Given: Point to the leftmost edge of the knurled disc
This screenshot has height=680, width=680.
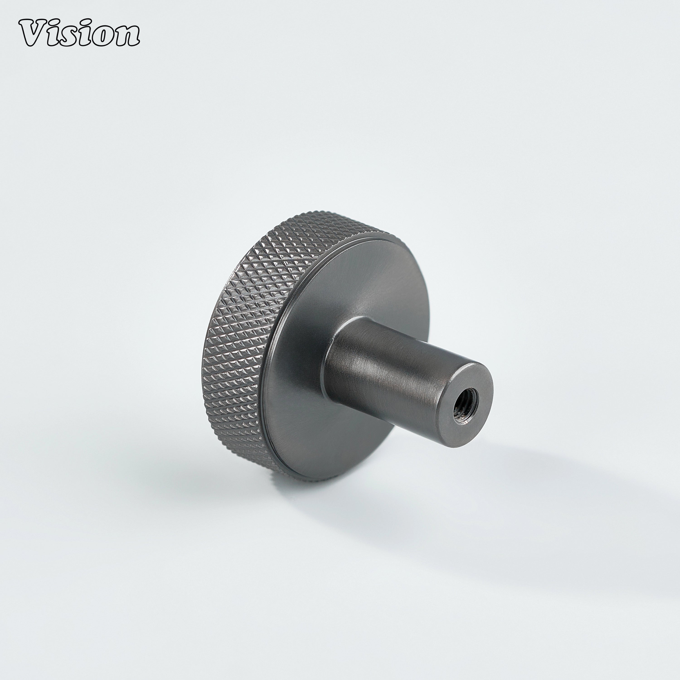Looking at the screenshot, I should click(x=202, y=352).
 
